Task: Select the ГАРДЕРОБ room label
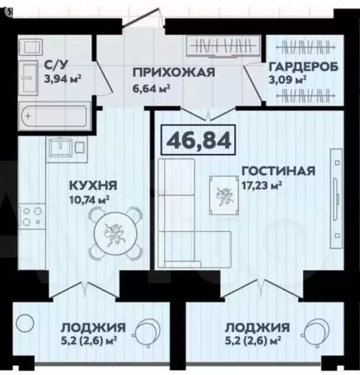[x=303, y=68]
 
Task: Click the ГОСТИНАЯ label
[x=278, y=170]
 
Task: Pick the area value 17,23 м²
[x=262, y=185]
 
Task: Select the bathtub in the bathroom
[x=53, y=117]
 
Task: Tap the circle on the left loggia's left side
[x=25, y=323]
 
